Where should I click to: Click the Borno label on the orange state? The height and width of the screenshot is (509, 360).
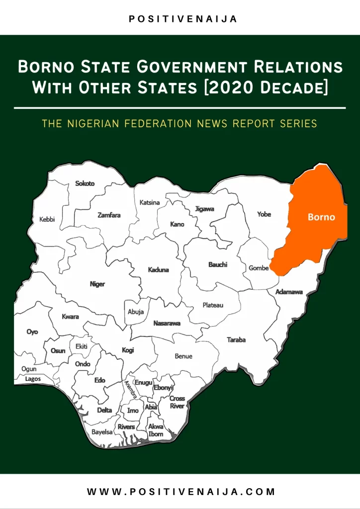coord(321,217)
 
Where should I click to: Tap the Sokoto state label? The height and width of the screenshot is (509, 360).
coord(85,183)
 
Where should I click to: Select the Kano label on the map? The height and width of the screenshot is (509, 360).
coord(177,224)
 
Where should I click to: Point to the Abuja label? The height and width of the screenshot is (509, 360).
coord(136,312)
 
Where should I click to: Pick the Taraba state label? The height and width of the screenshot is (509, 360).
coord(236,340)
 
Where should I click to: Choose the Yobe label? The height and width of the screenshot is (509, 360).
coord(264,214)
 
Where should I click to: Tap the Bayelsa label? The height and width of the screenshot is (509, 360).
coord(102,432)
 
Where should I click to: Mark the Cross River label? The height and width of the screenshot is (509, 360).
coord(177,402)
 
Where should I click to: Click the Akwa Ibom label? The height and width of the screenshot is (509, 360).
coord(156,430)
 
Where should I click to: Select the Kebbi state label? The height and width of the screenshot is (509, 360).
coord(47,220)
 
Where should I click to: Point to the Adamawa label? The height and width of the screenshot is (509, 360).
coord(289,292)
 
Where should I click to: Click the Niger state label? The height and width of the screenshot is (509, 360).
coord(97,284)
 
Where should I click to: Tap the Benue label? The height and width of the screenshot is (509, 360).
coord(183,356)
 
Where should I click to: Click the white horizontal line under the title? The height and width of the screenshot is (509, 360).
coord(180,107)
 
